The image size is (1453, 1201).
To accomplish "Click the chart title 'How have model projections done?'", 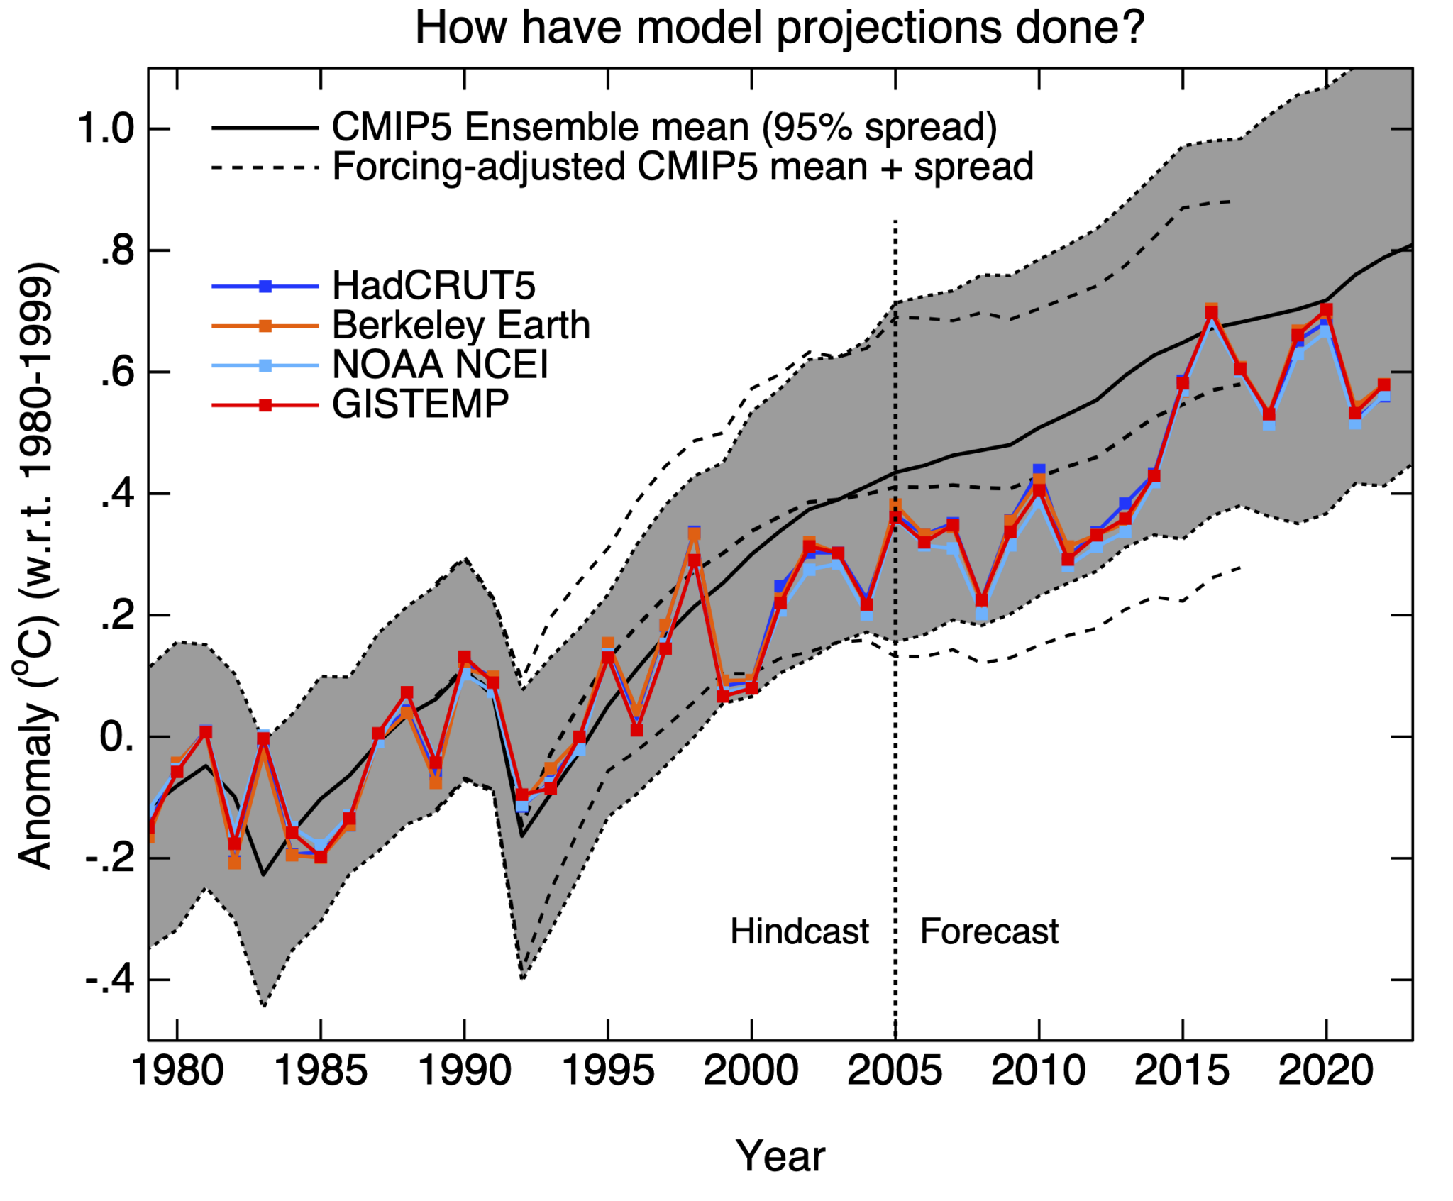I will click(779, 28).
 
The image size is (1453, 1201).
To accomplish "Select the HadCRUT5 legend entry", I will click(433, 286).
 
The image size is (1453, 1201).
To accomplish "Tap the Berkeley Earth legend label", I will click(460, 326).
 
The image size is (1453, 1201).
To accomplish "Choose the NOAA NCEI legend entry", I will click(440, 365).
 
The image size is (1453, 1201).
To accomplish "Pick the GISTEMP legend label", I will click(420, 404).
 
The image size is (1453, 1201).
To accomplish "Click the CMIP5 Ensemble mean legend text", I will click(664, 128).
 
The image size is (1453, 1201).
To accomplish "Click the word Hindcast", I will click(799, 931).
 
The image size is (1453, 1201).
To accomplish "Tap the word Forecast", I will click(988, 931).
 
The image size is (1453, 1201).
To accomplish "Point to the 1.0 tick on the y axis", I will click(106, 129).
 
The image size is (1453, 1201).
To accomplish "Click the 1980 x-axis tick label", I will click(177, 1070).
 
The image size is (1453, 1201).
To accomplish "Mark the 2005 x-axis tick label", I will click(895, 1070).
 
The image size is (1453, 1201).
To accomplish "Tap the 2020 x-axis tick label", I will click(1325, 1070).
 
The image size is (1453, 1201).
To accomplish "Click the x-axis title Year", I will click(780, 1156).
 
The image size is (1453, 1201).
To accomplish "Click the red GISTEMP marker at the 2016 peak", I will click(1211, 312).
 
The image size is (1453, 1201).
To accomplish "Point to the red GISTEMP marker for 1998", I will click(695, 560).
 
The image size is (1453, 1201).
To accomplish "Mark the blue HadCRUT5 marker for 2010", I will click(1039, 470).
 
